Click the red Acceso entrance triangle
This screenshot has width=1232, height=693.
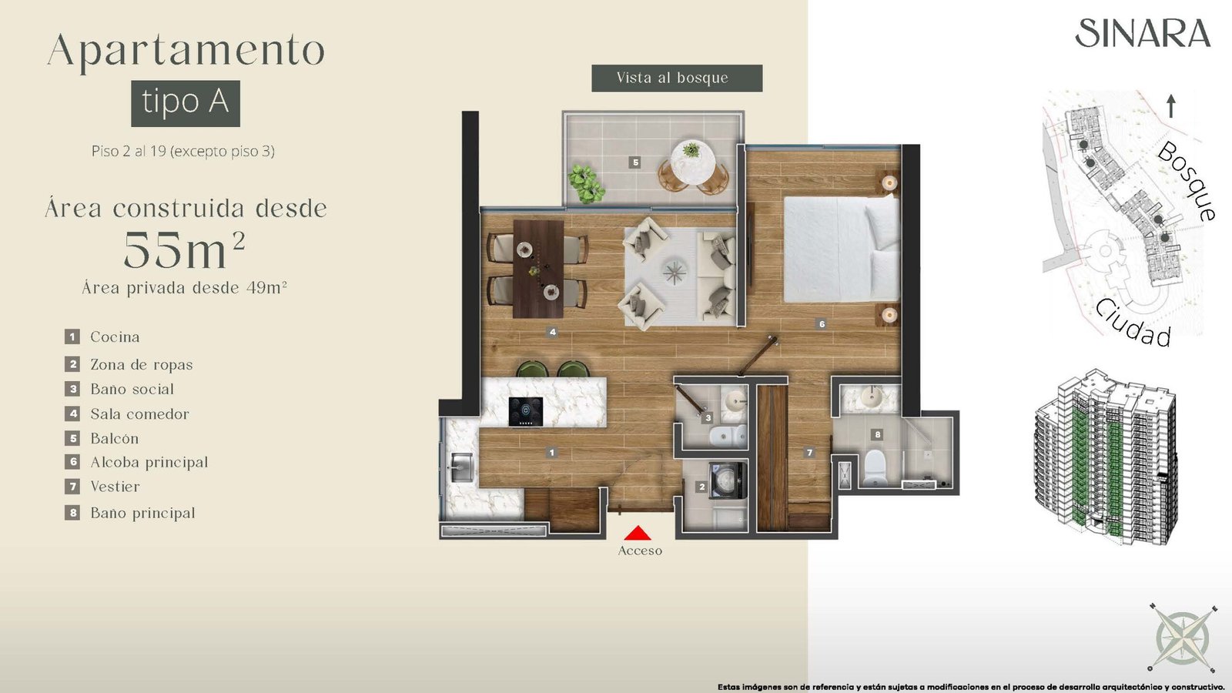click(638, 533)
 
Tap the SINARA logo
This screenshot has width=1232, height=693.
click(1143, 33)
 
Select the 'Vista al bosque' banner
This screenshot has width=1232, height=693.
click(677, 78)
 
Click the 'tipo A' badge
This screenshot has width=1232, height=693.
click(186, 103)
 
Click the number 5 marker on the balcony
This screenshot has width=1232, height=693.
click(635, 162)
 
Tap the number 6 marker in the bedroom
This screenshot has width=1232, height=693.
click(822, 324)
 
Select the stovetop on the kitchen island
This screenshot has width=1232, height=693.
click(525, 411)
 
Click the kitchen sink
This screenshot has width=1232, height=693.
click(461, 467)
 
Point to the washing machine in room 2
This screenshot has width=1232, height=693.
click(728, 480)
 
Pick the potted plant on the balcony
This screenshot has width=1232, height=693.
click(586, 183)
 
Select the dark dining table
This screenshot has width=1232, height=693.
click(538, 269)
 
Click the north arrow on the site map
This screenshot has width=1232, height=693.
click(1171, 106)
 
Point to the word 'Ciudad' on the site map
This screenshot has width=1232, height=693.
click(1133, 324)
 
